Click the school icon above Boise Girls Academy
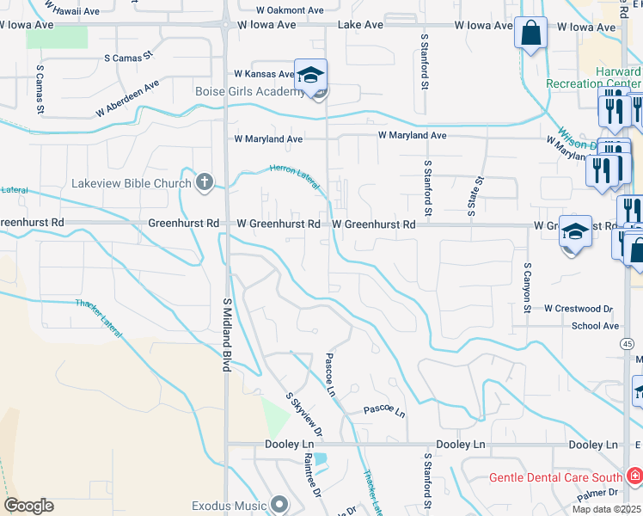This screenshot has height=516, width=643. (x=311, y=73)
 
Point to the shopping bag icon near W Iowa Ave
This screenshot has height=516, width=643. (x=531, y=34)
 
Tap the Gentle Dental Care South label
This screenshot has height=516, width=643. (x=555, y=476)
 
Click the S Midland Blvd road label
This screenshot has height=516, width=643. (x=228, y=335)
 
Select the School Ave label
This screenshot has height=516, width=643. (x=595, y=326)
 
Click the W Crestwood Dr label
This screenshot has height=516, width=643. (x=578, y=308)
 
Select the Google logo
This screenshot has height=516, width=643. (x=28, y=506)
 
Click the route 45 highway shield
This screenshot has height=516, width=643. (x=629, y=343)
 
